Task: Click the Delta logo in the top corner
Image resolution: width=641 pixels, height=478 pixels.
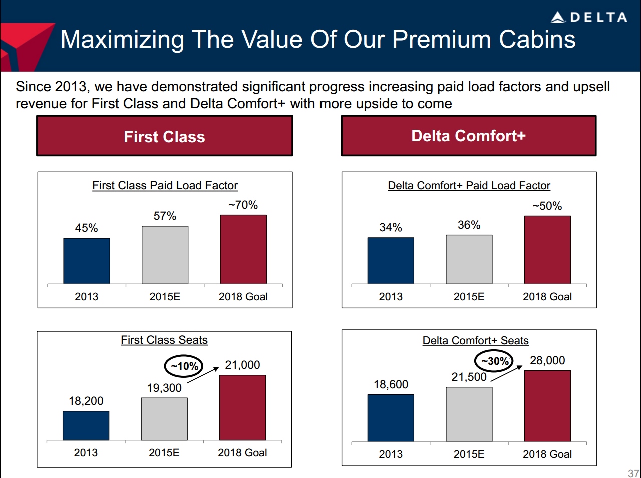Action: click(x=589, y=17)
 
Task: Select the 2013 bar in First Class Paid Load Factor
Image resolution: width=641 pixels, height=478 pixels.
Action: click(x=87, y=261)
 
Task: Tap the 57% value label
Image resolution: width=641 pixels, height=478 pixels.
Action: click(x=165, y=216)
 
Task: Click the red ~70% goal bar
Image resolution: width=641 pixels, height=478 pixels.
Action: click(x=243, y=249)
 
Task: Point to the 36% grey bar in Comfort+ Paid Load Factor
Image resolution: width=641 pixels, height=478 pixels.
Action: click(x=469, y=259)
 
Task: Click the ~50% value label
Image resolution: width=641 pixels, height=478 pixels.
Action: click(x=547, y=206)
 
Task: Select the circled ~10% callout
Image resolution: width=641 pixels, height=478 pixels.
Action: click(x=184, y=366)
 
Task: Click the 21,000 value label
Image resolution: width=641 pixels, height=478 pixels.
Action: click(x=242, y=365)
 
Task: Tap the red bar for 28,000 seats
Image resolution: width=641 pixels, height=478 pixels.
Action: click(x=547, y=406)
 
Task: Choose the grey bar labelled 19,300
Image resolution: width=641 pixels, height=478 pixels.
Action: click(x=164, y=419)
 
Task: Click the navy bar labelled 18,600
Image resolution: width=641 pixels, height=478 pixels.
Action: click(x=391, y=418)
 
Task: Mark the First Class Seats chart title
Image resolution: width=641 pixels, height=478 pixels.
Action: click(x=164, y=340)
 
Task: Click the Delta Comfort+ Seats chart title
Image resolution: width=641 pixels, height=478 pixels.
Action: click(x=475, y=341)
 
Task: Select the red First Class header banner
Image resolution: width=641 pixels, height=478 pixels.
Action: click(x=164, y=136)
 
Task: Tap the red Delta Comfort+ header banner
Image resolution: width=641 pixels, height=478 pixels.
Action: click(x=469, y=136)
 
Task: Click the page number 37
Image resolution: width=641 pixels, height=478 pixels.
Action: click(x=633, y=473)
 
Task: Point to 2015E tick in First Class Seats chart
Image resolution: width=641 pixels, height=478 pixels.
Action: click(x=164, y=453)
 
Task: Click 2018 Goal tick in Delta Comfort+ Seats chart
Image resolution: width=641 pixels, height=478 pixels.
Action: click(x=547, y=454)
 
